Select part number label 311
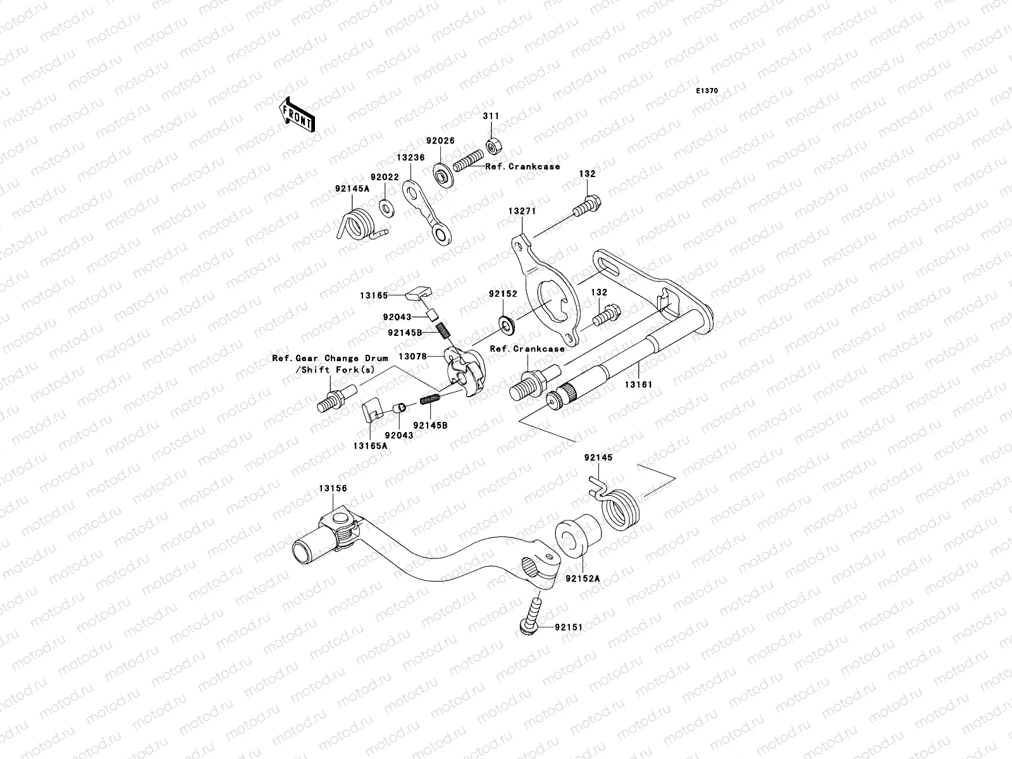pos(491,116)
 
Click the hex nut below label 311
pos(493,146)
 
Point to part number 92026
pos(440,141)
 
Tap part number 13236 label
pos(410,157)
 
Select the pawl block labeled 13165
pos(418,292)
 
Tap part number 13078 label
pos(412,356)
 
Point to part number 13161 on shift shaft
pos(639,384)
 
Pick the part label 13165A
pos(370,445)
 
